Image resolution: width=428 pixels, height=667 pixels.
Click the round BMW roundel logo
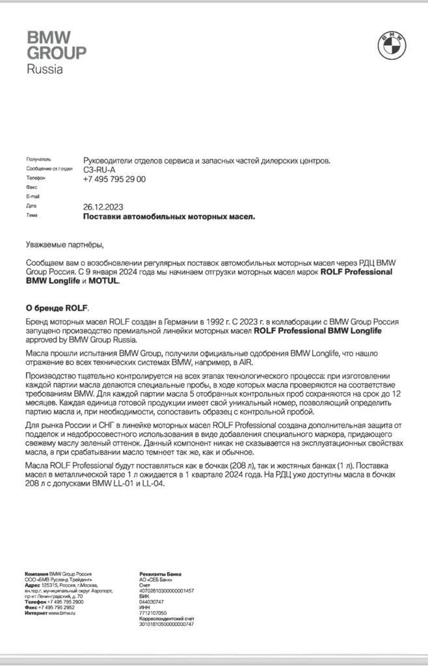392,45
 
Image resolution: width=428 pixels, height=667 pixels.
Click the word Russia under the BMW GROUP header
44,69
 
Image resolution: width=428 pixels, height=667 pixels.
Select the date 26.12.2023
103,206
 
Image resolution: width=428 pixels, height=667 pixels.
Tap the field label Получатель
38,159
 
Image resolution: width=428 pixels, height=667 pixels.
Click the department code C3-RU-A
100,169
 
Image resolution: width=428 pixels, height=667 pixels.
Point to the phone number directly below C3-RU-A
114,179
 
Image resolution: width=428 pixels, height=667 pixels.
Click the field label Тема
32,216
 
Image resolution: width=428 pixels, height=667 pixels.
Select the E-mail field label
33,196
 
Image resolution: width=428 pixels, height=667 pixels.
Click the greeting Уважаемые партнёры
64,245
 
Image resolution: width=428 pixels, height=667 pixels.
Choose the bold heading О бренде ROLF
57,308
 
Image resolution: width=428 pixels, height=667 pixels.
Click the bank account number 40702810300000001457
167,590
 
